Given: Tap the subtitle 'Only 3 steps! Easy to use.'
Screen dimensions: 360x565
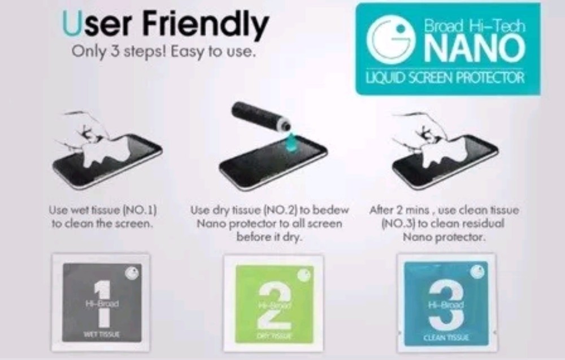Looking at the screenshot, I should click(164, 52).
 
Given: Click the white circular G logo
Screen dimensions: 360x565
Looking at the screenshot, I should click(387, 40).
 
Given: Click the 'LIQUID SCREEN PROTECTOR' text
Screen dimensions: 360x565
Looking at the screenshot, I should click(446, 77).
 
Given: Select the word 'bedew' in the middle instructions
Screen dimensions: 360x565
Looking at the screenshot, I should click(333, 210).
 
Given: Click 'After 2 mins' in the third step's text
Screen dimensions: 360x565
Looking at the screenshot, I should click(397, 210).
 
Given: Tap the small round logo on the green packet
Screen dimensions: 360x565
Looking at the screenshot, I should click(305, 275).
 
